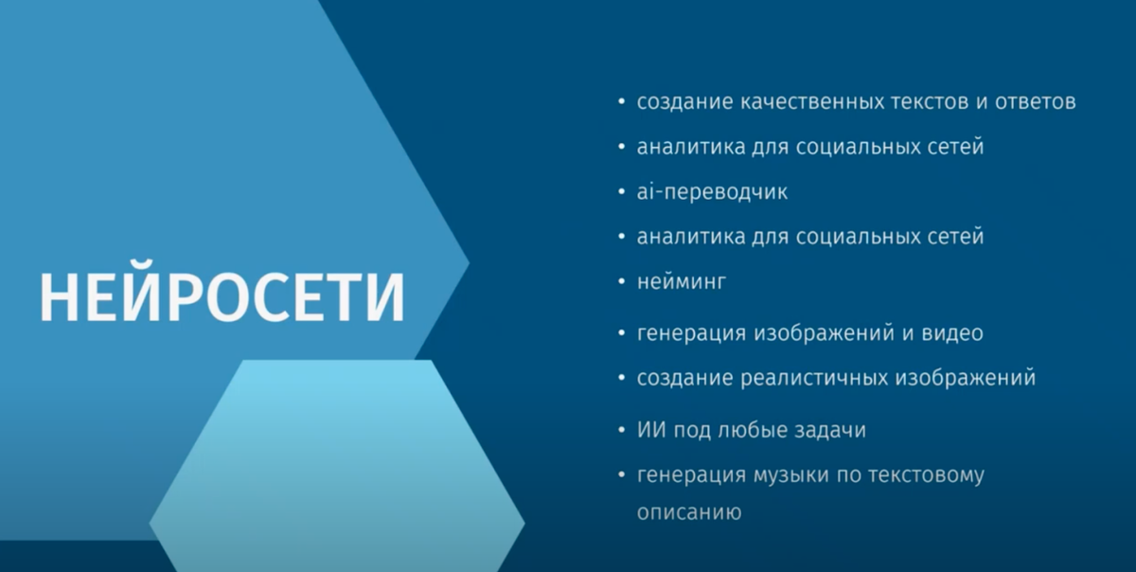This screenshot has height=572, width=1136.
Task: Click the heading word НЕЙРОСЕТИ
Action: [222, 296]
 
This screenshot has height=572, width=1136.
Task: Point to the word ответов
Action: [1035, 102]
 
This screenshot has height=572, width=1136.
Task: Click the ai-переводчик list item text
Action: [712, 192]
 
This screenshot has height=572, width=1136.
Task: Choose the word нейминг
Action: [681, 282]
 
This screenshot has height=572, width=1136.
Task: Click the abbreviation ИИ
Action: [652, 430]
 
